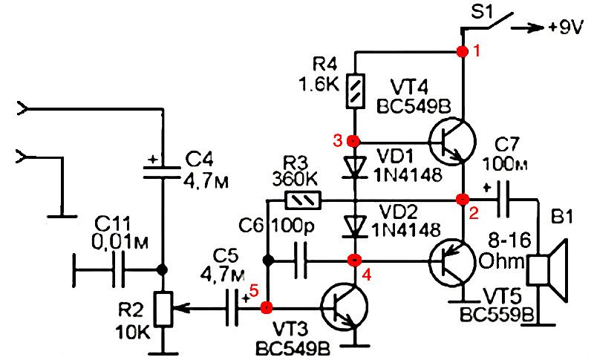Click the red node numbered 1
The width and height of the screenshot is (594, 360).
pyautogui.click(x=462, y=51)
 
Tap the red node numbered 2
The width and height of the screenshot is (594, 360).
pyautogui.click(x=463, y=199)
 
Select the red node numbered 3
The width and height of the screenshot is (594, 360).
pyautogui.click(x=353, y=141)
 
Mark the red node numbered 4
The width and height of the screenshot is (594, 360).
pyautogui.click(x=355, y=260)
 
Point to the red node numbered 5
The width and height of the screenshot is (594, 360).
pyautogui.click(x=267, y=308)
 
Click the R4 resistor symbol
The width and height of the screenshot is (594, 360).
pyautogui.click(x=356, y=91)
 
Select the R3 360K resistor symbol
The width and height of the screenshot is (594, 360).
pyautogui.click(x=303, y=200)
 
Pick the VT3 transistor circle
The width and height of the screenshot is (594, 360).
pyautogui.click(x=345, y=308)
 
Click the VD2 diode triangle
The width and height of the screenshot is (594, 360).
pyautogui.click(x=355, y=226)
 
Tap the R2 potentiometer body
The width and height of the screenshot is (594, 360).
pyautogui.click(x=163, y=309)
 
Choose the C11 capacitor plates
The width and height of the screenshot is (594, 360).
pyautogui.click(x=118, y=270)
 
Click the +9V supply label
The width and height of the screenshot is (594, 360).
pyautogui.click(x=565, y=28)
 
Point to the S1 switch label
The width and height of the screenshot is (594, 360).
pyautogui.click(x=481, y=12)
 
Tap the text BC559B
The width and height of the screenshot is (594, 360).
pyautogui.click(x=497, y=314)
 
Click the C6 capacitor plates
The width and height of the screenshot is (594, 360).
pyautogui.click(x=301, y=261)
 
